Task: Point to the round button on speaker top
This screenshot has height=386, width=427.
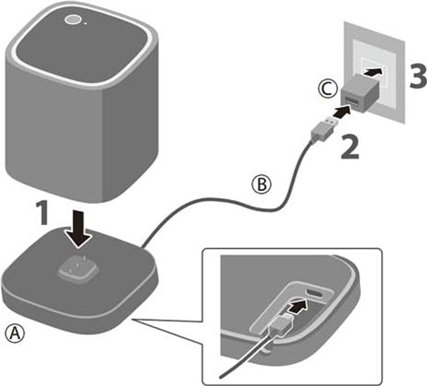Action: pos(73,19)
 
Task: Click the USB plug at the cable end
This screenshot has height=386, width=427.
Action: pos(323,127)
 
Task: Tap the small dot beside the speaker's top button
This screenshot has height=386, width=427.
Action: pos(85,23)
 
